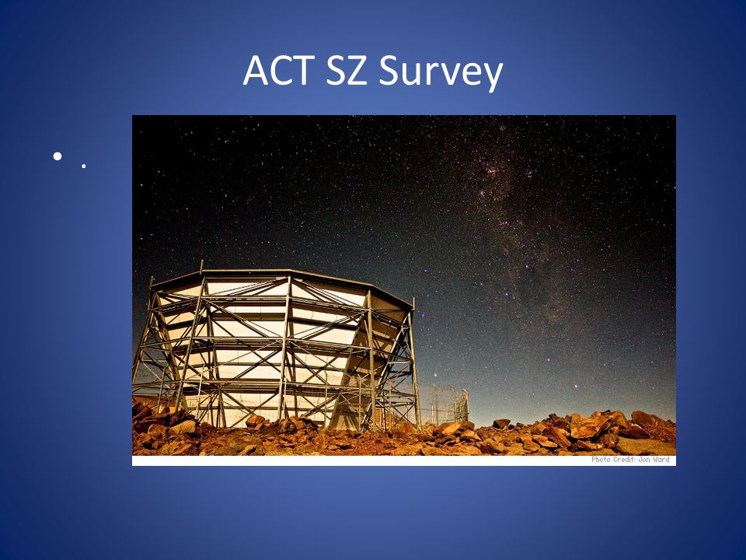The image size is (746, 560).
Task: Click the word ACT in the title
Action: (279, 71)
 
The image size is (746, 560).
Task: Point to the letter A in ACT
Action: (256, 71)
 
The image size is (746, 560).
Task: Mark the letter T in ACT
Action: (304, 71)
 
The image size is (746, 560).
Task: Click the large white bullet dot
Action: (58, 156)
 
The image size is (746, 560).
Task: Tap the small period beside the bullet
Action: (84, 166)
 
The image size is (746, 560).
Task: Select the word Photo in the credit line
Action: (601, 460)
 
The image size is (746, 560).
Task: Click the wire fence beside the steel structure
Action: (442, 404)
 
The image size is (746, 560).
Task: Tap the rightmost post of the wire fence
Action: (465, 404)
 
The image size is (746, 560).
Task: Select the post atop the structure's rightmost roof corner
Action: (413, 304)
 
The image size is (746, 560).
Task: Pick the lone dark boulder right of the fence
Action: (501, 423)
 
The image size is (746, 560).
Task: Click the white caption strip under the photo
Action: (404, 460)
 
